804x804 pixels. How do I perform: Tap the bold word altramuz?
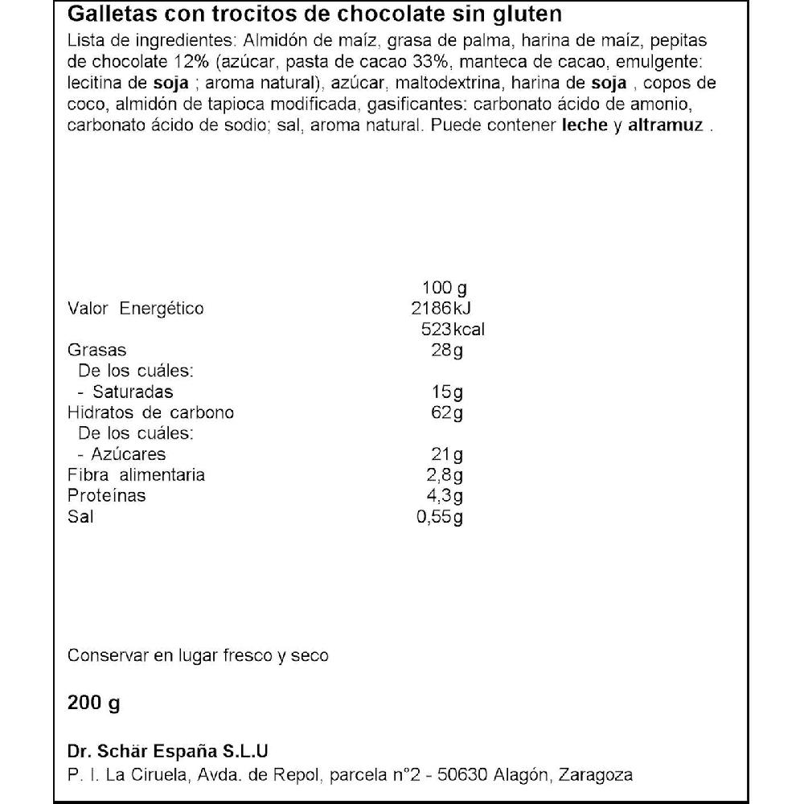click(663, 125)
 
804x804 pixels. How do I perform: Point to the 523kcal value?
click(453, 330)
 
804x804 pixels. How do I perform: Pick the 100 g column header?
click(444, 288)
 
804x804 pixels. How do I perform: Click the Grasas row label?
click(97, 351)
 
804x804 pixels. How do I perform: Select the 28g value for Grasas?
click(447, 351)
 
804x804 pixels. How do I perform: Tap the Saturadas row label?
click(132, 392)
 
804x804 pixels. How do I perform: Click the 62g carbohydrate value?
click(447, 413)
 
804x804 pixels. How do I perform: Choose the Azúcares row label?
click(129, 454)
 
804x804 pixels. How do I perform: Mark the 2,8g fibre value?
click(447, 475)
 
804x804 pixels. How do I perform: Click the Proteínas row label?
click(107, 496)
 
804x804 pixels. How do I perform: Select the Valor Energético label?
click(136, 309)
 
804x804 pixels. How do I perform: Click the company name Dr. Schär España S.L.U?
click(167, 751)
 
